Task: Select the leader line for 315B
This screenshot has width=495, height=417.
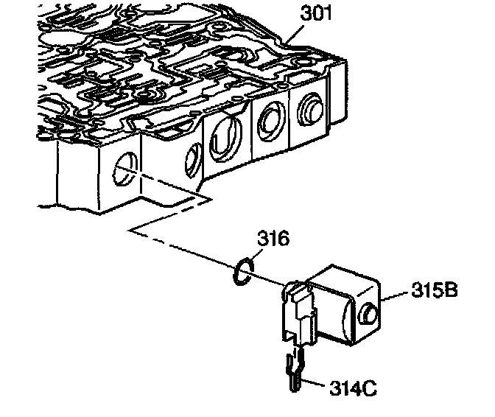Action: tap(399, 293)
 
